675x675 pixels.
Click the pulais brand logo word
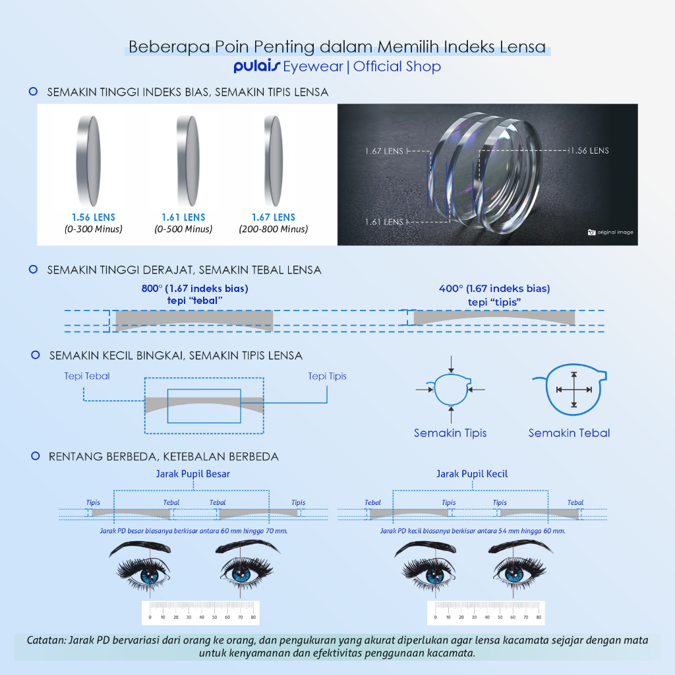(x=256, y=67)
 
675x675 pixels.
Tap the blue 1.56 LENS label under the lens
(x=94, y=217)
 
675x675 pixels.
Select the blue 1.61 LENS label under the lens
(x=183, y=217)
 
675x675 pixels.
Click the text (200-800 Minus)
(x=273, y=229)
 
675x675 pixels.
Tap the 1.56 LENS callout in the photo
(x=589, y=150)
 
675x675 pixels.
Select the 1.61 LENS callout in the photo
(x=384, y=221)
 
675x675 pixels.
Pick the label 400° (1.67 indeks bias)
(x=494, y=288)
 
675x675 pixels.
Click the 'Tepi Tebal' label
(x=87, y=376)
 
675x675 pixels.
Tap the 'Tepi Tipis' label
(x=327, y=376)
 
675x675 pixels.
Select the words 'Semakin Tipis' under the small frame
(x=450, y=433)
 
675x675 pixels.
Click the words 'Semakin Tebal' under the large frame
(x=569, y=433)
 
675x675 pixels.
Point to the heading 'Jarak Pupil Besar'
(x=193, y=473)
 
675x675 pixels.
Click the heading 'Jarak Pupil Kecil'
(x=472, y=473)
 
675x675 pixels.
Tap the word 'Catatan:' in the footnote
(x=45, y=640)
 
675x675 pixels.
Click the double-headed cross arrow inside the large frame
(x=574, y=390)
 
